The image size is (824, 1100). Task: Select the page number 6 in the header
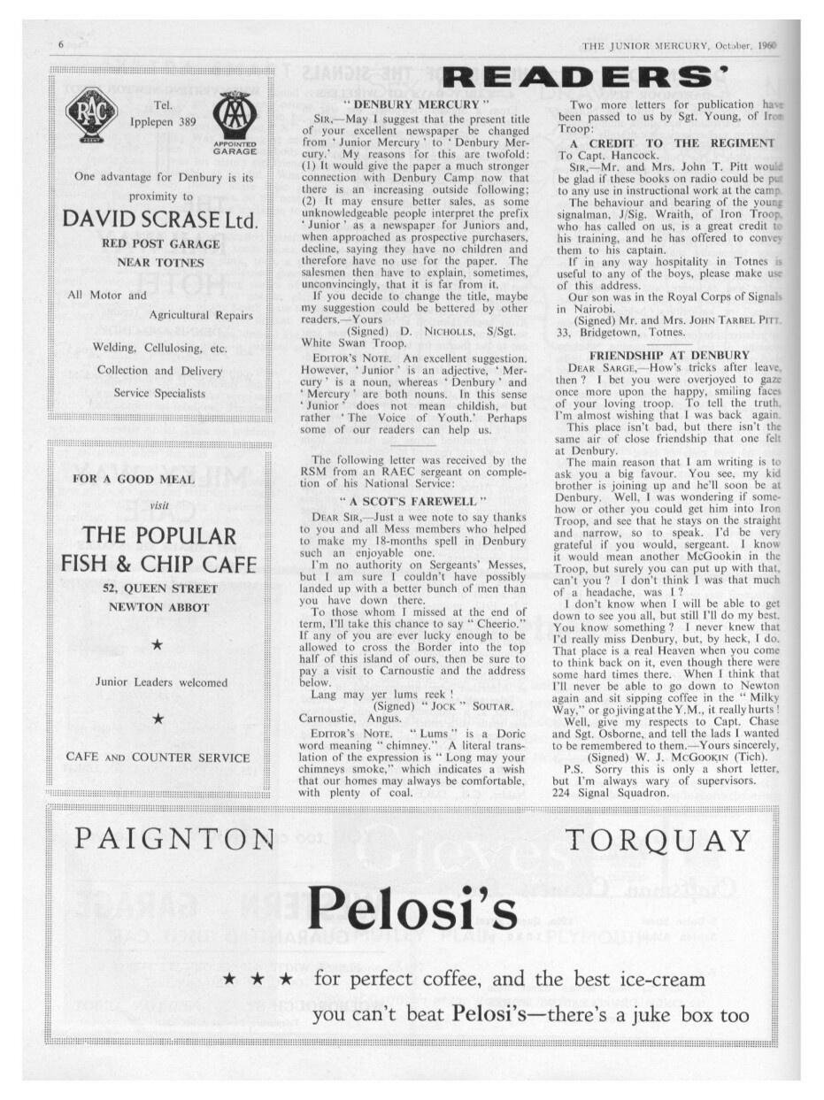[61, 45]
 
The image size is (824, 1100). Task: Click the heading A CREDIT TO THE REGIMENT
[672, 142]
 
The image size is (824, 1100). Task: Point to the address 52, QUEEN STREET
[159, 588]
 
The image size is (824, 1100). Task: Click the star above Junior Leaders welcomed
[157, 645]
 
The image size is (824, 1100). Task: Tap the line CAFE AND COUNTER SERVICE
[158, 758]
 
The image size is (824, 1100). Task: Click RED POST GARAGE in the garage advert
[159, 242]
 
